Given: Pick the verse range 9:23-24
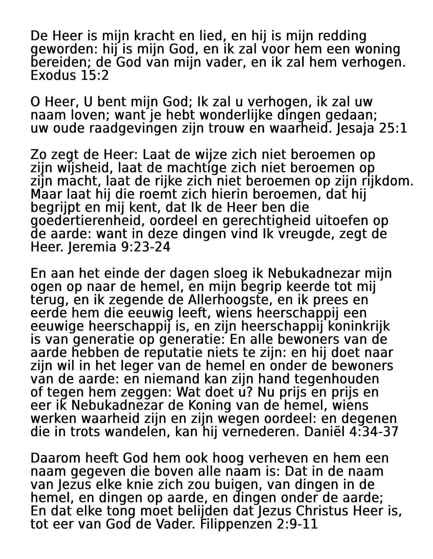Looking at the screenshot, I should pyautogui.click(x=145, y=247).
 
